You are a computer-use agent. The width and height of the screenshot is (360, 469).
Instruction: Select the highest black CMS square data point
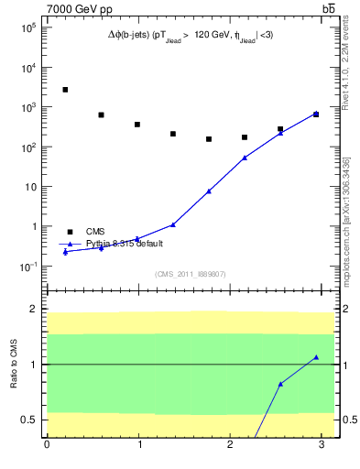(x=65, y=90)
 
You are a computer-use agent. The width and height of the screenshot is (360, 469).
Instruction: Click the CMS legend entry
(x=95, y=232)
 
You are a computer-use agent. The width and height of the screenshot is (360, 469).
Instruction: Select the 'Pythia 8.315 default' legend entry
(x=125, y=244)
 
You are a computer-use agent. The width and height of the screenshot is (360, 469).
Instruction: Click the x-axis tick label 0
(x=47, y=446)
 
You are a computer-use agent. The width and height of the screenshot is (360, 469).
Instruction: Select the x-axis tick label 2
(x=230, y=446)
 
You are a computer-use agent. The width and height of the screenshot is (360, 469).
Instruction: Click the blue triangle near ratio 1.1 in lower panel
(x=316, y=357)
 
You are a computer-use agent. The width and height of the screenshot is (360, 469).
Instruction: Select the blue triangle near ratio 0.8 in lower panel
(x=280, y=384)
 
